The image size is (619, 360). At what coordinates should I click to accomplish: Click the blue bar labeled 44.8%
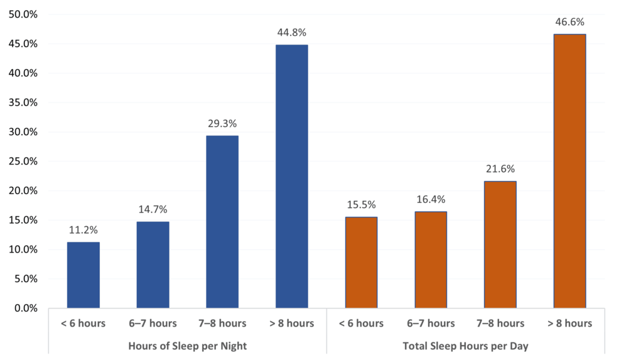[x=291, y=177]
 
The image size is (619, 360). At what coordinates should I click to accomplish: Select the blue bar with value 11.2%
[x=83, y=275]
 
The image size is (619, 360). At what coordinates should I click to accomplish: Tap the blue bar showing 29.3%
[x=222, y=222]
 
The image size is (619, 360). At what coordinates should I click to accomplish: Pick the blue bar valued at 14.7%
[x=153, y=265]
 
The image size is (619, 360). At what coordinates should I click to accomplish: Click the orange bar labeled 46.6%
[x=569, y=171]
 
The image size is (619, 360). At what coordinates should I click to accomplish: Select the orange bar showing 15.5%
[x=361, y=262]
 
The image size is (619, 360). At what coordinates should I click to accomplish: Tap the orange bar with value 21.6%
[x=500, y=244]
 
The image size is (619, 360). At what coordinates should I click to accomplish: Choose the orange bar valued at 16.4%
[x=431, y=259]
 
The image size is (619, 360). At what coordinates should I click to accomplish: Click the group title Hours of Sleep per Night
[x=187, y=346]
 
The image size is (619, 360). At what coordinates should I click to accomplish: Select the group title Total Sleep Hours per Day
[x=465, y=346]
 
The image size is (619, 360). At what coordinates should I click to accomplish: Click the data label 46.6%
[x=569, y=22]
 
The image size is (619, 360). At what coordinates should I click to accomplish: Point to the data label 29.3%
[x=222, y=124]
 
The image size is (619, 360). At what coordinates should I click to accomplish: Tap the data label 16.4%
[x=431, y=200]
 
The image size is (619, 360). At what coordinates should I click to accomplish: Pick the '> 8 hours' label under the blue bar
[x=291, y=324]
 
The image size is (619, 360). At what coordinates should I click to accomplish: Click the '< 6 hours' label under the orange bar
[x=361, y=324]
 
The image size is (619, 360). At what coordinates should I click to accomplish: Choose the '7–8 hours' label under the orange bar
[x=500, y=324]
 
